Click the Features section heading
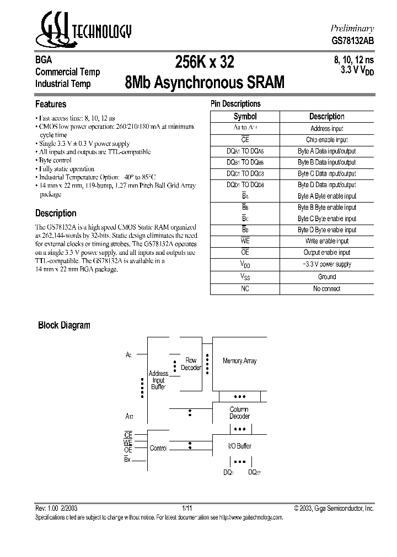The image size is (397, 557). [x=51, y=104]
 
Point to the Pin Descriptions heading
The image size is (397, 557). [x=235, y=103]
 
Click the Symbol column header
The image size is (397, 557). [x=245, y=117]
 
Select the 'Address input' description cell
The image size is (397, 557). [x=326, y=128]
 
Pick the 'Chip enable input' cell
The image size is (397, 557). [x=326, y=140]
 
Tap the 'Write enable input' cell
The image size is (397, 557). [x=326, y=241]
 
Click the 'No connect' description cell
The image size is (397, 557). [x=326, y=289]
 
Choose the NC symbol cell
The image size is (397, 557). [x=245, y=289]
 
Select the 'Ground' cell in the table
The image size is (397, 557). [x=326, y=277]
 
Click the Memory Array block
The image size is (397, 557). [x=239, y=361]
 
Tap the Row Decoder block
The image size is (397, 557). [x=191, y=364]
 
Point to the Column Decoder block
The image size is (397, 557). [x=239, y=413]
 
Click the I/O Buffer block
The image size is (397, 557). [x=239, y=446]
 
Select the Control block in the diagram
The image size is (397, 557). [x=158, y=448]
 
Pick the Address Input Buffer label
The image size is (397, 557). [x=158, y=380]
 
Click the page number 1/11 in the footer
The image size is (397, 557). [x=187, y=509]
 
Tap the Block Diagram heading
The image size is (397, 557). [x=64, y=325]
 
